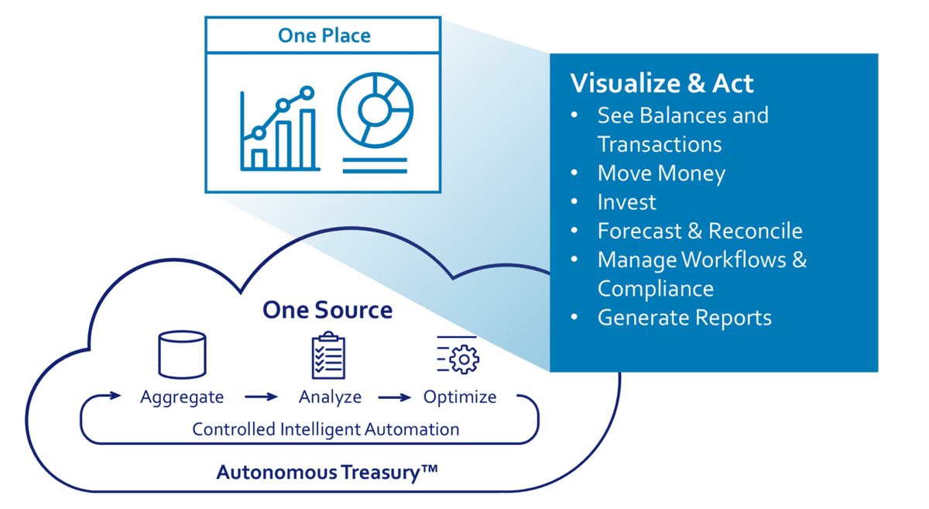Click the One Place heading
(x=324, y=36)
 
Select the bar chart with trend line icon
(x=279, y=129)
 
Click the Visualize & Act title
(x=662, y=84)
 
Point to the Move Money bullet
(x=661, y=173)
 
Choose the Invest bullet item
(x=626, y=202)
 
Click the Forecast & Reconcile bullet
(x=700, y=231)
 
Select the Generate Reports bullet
(x=684, y=318)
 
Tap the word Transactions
(x=660, y=144)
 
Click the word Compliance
(x=656, y=288)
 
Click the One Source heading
(x=327, y=310)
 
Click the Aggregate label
(x=182, y=397)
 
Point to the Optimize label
(x=460, y=397)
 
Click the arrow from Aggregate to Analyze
(x=261, y=397)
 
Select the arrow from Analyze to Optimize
(x=394, y=397)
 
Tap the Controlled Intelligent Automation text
(x=325, y=429)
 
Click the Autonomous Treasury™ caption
(x=327, y=472)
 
